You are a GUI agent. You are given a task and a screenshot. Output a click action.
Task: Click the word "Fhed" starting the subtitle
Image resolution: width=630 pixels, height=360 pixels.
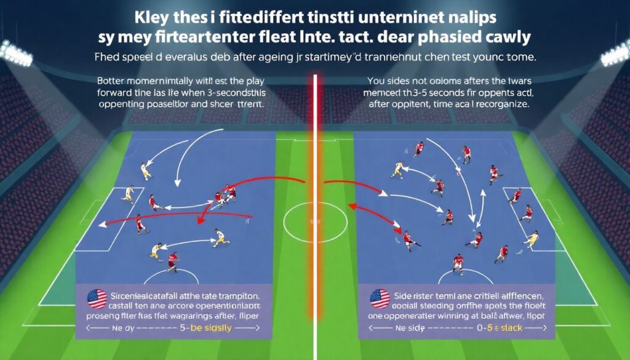click(x=108, y=60)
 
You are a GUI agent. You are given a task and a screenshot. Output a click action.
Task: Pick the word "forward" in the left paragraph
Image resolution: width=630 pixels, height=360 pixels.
click(x=118, y=92)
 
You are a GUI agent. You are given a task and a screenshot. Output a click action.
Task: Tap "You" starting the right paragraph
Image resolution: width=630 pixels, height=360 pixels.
click(x=377, y=81)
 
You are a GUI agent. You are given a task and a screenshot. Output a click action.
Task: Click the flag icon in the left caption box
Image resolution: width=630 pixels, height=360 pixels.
click(x=97, y=298)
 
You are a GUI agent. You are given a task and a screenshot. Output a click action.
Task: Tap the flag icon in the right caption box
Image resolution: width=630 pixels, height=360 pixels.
click(x=379, y=299)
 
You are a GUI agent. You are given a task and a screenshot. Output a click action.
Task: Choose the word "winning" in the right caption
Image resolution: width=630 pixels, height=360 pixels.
click(x=482, y=317)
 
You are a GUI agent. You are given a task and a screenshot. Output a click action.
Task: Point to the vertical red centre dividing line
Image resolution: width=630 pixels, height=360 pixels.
click(x=316, y=185)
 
